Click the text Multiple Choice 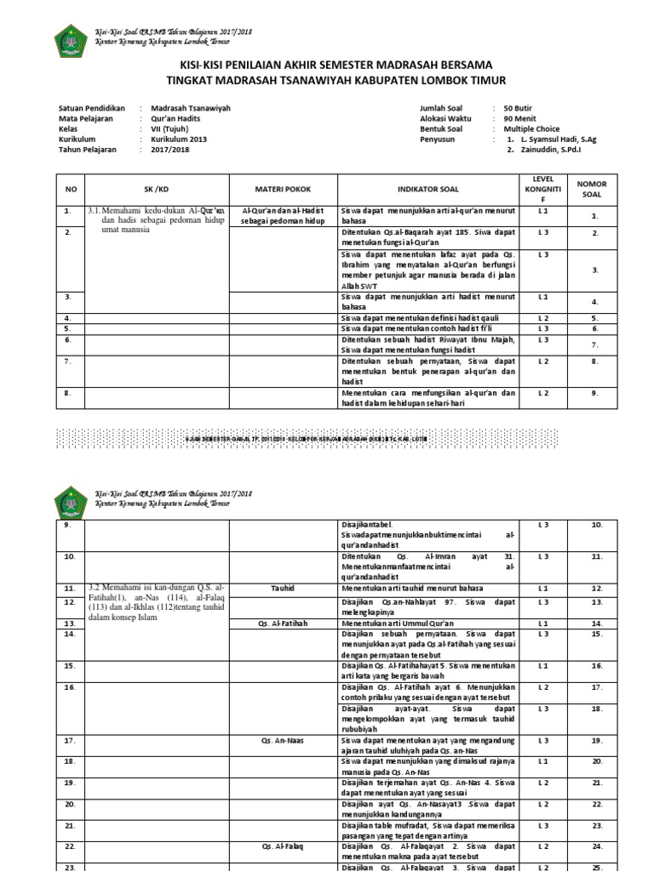click(x=531, y=129)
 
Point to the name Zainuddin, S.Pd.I click(x=555, y=150)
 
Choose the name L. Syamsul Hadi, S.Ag click(x=561, y=139)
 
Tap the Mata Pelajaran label click(x=86, y=119)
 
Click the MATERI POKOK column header click(x=284, y=189)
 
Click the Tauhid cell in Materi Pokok click(x=284, y=587)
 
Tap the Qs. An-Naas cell click(x=284, y=740)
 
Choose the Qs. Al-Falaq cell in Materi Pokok click(x=284, y=847)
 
